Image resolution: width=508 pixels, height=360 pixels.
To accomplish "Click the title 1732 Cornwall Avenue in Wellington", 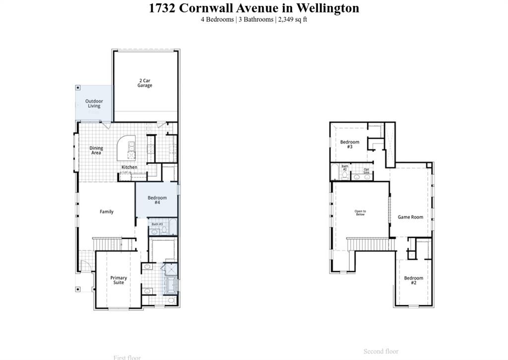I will click(x=254, y=8).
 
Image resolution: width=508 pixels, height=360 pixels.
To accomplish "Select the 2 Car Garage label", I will click(x=145, y=83).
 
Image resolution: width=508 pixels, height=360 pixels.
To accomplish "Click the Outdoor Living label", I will click(x=94, y=103).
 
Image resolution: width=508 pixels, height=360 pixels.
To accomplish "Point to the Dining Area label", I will click(x=96, y=150).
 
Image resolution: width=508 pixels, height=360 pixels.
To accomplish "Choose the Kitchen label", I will click(x=129, y=167).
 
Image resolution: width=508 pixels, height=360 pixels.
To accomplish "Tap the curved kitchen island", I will click(x=126, y=147).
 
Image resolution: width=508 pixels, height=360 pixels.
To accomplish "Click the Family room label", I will click(x=107, y=212).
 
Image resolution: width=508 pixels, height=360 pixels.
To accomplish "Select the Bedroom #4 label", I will click(x=157, y=200).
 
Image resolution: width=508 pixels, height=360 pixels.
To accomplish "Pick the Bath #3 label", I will click(x=157, y=224).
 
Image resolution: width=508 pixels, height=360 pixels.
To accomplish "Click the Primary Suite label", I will click(x=119, y=280).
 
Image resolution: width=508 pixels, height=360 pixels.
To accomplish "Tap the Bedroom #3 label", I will click(x=350, y=144).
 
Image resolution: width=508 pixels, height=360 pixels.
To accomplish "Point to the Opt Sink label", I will click(x=367, y=171).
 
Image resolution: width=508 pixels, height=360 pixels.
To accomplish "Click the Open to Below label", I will click(x=360, y=213).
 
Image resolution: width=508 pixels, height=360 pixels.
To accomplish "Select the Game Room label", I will click(x=410, y=217).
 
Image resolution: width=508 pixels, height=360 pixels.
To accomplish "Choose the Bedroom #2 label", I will click(x=413, y=280).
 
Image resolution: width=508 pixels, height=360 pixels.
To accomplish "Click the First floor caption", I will click(x=127, y=357).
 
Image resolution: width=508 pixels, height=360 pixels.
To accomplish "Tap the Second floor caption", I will click(x=381, y=351).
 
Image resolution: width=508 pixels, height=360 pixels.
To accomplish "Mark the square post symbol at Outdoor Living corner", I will click(x=78, y=87).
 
